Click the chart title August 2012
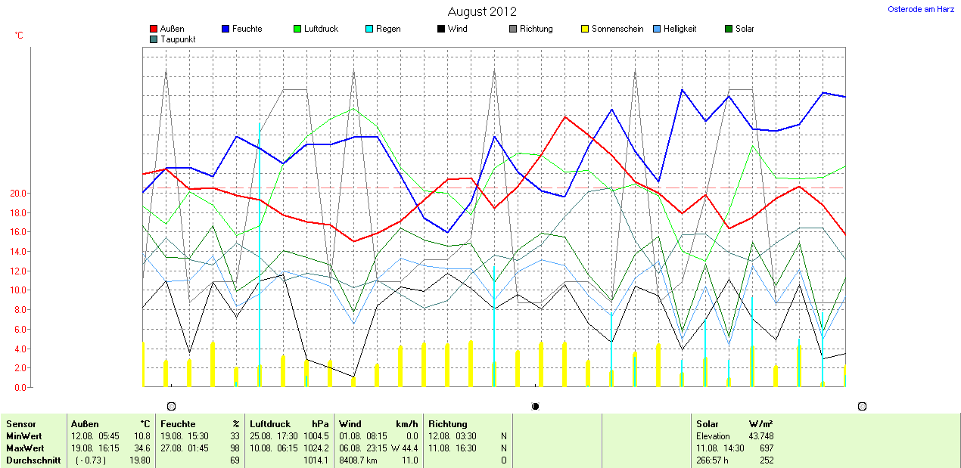point(482,11)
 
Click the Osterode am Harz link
point(920,9)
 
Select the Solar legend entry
point(744,29)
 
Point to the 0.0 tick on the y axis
point(20,388)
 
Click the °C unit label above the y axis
point(19,36)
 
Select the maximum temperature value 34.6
point(142,448)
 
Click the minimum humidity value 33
point(235,436)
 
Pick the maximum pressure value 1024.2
point(316,448)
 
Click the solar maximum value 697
point(766,448)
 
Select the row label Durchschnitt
point(33,460)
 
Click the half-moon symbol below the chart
point(536,407)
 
